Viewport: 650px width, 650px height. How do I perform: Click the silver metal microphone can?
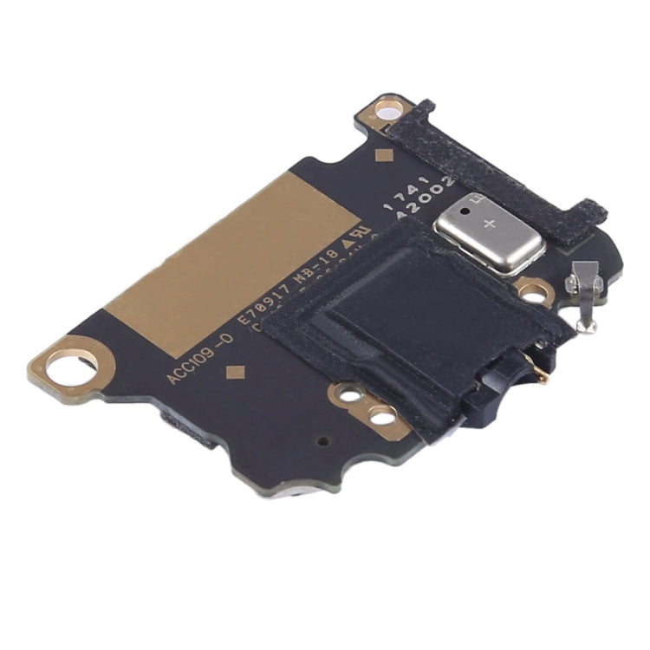(x=490, y=231)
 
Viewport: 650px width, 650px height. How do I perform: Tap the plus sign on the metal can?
(x=491, y=224)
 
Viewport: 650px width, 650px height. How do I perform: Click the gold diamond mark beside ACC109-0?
(x=233, y=374)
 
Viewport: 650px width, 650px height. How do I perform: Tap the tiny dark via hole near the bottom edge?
(x=323, y=440)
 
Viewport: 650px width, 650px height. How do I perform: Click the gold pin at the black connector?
(x=542, y=375)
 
